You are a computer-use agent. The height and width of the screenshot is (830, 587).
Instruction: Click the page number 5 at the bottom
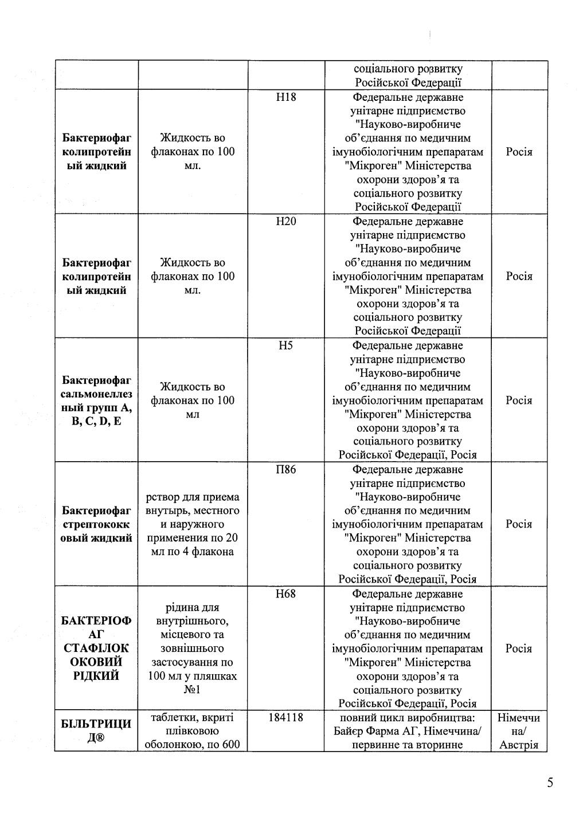[x=550, y=783]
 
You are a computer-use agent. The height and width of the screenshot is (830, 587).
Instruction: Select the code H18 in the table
[x=286, y=97]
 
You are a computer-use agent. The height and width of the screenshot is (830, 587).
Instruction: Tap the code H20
[x=286, y=222]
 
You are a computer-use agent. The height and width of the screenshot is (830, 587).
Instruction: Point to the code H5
[x=286, y=346]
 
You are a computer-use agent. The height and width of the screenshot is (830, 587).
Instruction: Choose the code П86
[x=286, y=470]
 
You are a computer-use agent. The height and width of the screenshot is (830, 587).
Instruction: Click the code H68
[x=286, y=594]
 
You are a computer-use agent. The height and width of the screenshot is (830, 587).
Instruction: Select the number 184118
[x=286, y=718]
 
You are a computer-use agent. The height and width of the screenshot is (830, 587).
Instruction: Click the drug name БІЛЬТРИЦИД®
[x=96, y=731]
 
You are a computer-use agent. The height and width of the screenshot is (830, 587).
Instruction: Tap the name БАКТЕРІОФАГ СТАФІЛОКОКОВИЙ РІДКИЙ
[x=96, y=648]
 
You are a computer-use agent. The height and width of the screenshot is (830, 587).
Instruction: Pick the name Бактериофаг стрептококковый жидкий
[x=96, y=524]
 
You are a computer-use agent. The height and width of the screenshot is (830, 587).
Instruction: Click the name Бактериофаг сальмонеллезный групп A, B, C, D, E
[x=96, y=401]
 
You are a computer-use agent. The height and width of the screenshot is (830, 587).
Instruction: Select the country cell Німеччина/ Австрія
[x=519, y=731]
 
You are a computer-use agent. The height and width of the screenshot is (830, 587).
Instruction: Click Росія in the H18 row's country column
[x=519, y=152]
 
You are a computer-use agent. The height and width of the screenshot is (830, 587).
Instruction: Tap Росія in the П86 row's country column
[x=519, y=525]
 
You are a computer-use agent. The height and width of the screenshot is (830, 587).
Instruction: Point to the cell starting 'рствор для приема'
[x=193, y=524]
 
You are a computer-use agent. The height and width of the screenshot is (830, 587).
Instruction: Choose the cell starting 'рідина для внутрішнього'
[x=193, y=648]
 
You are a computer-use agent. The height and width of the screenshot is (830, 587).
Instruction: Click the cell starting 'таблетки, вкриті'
[x=193, y=731]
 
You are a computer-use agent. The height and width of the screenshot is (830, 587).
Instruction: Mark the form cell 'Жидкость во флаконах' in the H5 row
[x=193, y=401]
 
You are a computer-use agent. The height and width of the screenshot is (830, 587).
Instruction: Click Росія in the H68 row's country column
[x=519, y=649]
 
